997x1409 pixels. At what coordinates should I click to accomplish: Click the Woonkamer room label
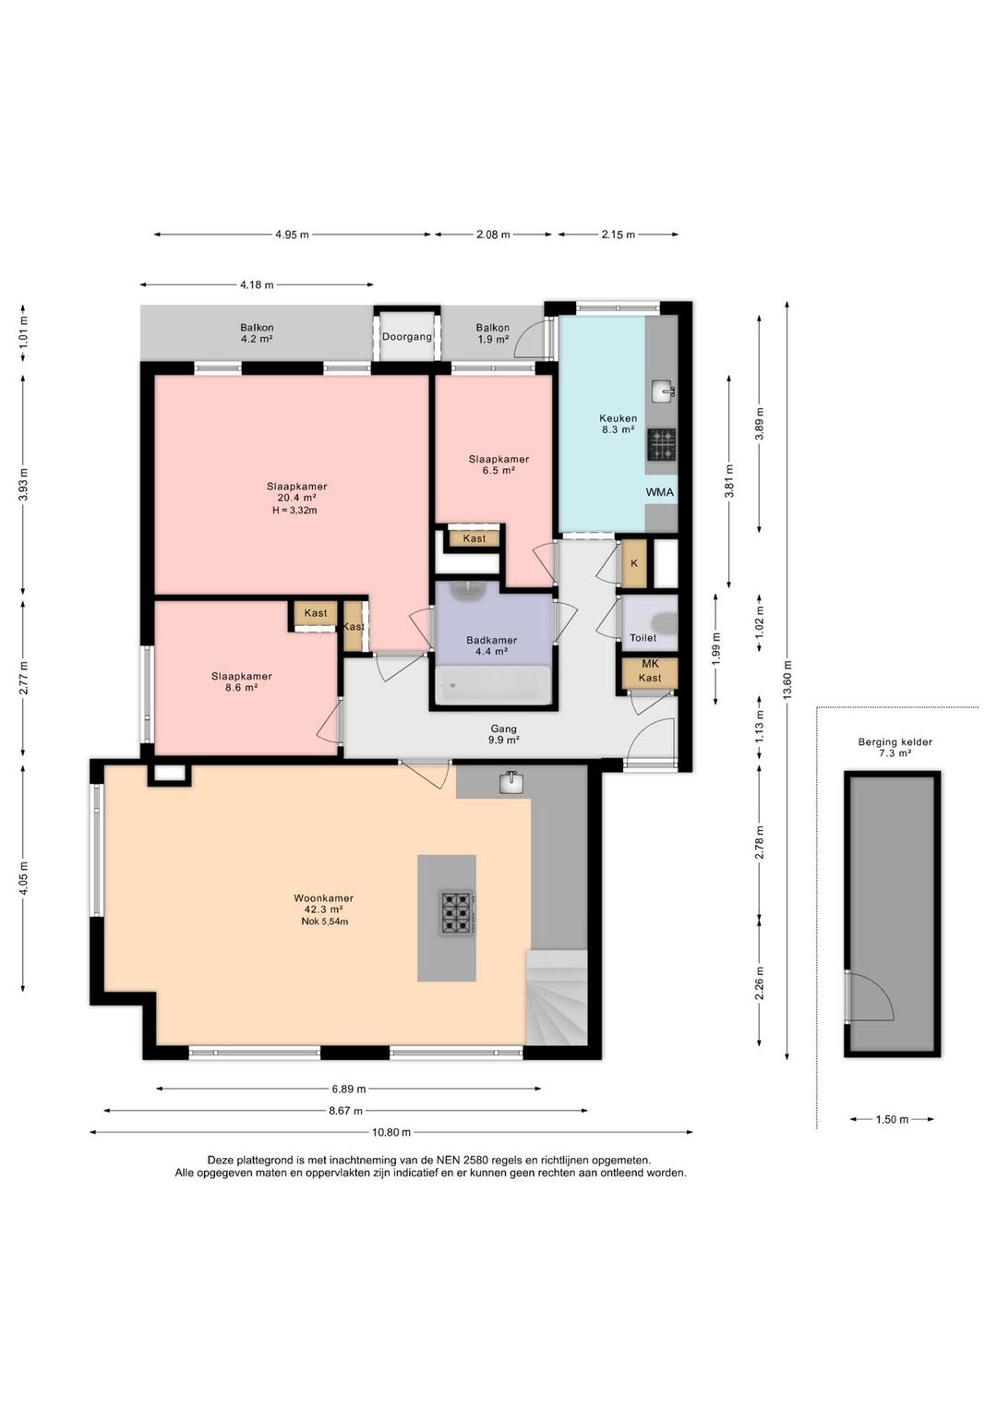point(323,897)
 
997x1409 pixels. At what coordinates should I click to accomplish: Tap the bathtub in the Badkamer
point(493,685)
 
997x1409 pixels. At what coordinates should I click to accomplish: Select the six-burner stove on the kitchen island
point(457,912)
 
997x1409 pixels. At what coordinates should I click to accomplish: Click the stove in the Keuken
point(661,444)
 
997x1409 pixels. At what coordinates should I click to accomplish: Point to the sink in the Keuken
point(663,391)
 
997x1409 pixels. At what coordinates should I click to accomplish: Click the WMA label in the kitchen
point(659,492)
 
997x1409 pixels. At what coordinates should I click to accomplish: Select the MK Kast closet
point(650,672)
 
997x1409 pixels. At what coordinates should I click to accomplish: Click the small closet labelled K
point(634,563)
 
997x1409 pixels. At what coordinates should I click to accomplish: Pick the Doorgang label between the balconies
point(407,336)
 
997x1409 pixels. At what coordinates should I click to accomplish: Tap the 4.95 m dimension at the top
point(292,235)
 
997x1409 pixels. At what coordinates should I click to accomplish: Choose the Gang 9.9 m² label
point(503,735)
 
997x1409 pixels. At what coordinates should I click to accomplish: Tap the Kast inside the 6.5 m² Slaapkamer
point(474,538)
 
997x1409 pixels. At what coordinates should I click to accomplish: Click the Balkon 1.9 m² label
point(493,333)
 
